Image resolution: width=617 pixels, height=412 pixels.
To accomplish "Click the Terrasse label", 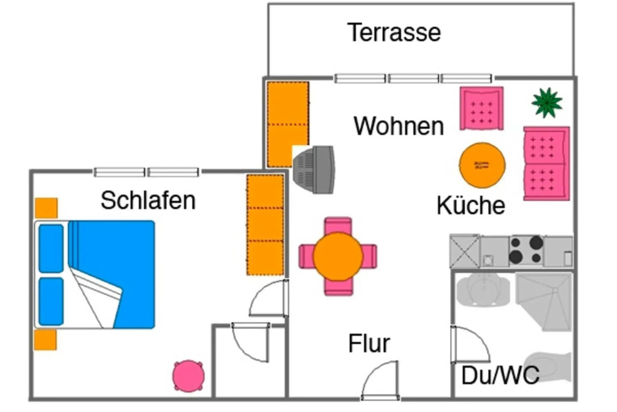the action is pos(394,33).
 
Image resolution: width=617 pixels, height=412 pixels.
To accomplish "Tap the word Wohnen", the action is pos(399,126).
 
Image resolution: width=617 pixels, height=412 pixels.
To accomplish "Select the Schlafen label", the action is pos(148,200).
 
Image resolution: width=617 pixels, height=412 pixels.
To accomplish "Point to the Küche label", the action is pos(471,205).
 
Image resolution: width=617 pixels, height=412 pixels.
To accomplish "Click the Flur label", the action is pos(369,343).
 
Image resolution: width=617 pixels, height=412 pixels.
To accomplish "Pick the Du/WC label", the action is pos(500,375).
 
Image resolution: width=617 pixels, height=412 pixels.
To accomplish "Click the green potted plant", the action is pos(547,103).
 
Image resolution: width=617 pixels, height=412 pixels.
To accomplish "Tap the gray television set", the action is pos(314,170).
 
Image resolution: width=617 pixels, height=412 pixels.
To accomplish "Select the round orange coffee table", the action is pos(482,165).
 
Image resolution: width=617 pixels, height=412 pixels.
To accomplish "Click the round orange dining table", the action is pos(337,256).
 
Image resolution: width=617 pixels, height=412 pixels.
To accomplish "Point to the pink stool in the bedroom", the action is pos(189,376).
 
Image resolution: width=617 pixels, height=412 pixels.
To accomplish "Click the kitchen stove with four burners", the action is pos(526,250).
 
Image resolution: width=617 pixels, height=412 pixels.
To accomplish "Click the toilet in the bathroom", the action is pos(548,367).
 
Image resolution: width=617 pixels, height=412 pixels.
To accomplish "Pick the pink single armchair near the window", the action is pos(481,109).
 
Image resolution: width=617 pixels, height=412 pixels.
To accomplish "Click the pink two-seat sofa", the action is pos(546,163).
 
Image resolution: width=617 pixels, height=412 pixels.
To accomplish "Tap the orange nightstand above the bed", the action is pos(46,208).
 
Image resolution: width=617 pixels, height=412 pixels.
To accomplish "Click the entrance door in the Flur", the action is pos(380,381).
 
